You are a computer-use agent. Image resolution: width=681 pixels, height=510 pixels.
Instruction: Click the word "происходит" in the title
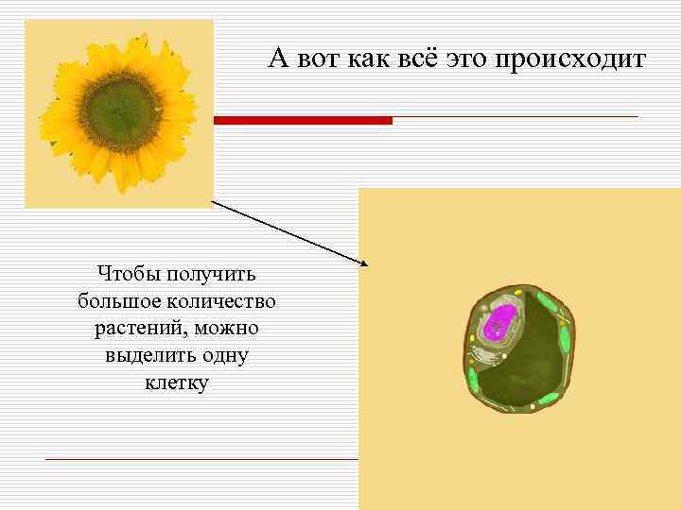[570, 59]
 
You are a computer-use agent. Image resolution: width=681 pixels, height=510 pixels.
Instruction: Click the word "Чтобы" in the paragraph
[127, 275]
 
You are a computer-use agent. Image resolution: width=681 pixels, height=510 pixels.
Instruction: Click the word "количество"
[218, 302]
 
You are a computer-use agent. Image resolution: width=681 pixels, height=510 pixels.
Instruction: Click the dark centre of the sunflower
[118, 110]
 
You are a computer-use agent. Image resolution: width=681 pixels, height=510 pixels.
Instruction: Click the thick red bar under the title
[303, 121]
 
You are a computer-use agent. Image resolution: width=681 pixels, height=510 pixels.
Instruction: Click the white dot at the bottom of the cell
[533, 406]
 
